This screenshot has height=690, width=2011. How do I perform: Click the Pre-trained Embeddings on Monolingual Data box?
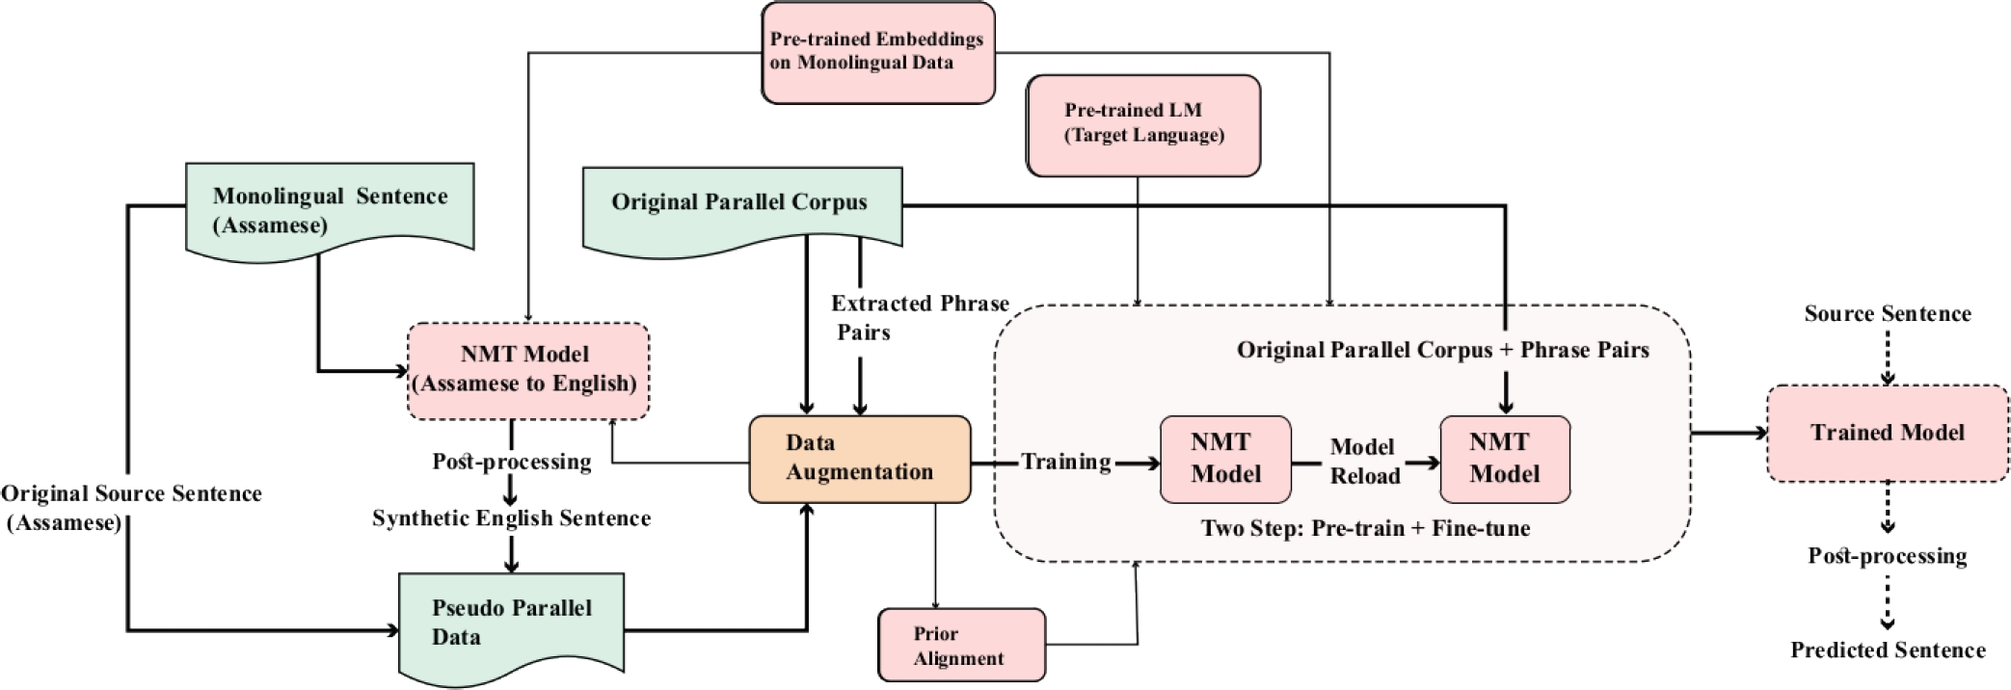pos(877,52)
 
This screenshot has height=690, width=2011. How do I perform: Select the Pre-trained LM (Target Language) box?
pos(1143,124)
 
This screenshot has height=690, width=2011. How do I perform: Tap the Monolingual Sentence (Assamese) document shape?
pos(330,210)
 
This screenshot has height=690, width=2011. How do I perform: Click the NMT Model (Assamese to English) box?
pos(527,370)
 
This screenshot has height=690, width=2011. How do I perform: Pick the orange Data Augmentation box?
pos(859,459)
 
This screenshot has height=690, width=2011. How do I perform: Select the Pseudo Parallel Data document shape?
pos(511,624)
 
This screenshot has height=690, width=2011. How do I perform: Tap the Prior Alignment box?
pos(960,645)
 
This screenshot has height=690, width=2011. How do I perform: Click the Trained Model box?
pos(1887,433)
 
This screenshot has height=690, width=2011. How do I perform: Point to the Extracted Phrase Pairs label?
pos(919,317)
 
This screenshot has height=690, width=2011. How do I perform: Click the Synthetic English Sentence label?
pos(511,518)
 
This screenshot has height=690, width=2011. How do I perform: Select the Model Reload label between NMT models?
pos(1363,461)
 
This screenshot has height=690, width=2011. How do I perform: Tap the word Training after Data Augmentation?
pos(1065,462)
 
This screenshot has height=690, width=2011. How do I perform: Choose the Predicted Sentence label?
pos(1887,650)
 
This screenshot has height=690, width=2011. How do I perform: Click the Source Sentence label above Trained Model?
pos(1887,313)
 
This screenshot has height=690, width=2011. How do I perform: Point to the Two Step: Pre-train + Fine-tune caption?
pos(1364,528)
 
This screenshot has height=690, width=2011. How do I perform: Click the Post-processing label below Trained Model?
pos(1887,556)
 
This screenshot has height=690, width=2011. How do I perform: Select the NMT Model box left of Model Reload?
pos(1225,459)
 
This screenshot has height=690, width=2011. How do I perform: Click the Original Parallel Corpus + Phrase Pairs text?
pos(1442,350)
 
